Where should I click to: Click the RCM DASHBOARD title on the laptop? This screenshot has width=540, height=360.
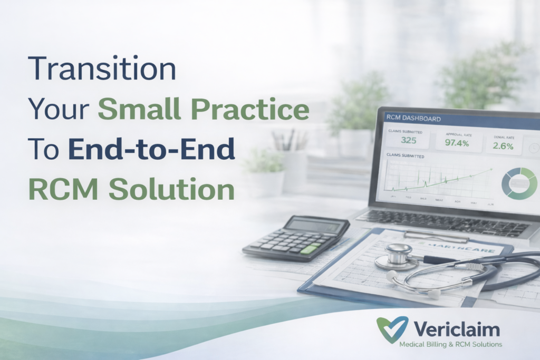coord(413,119)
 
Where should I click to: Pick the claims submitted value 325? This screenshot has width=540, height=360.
coord(409,140)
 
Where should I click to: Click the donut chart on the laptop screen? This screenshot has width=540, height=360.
coord(519,183)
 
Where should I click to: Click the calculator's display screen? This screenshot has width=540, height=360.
coord(307,226)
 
